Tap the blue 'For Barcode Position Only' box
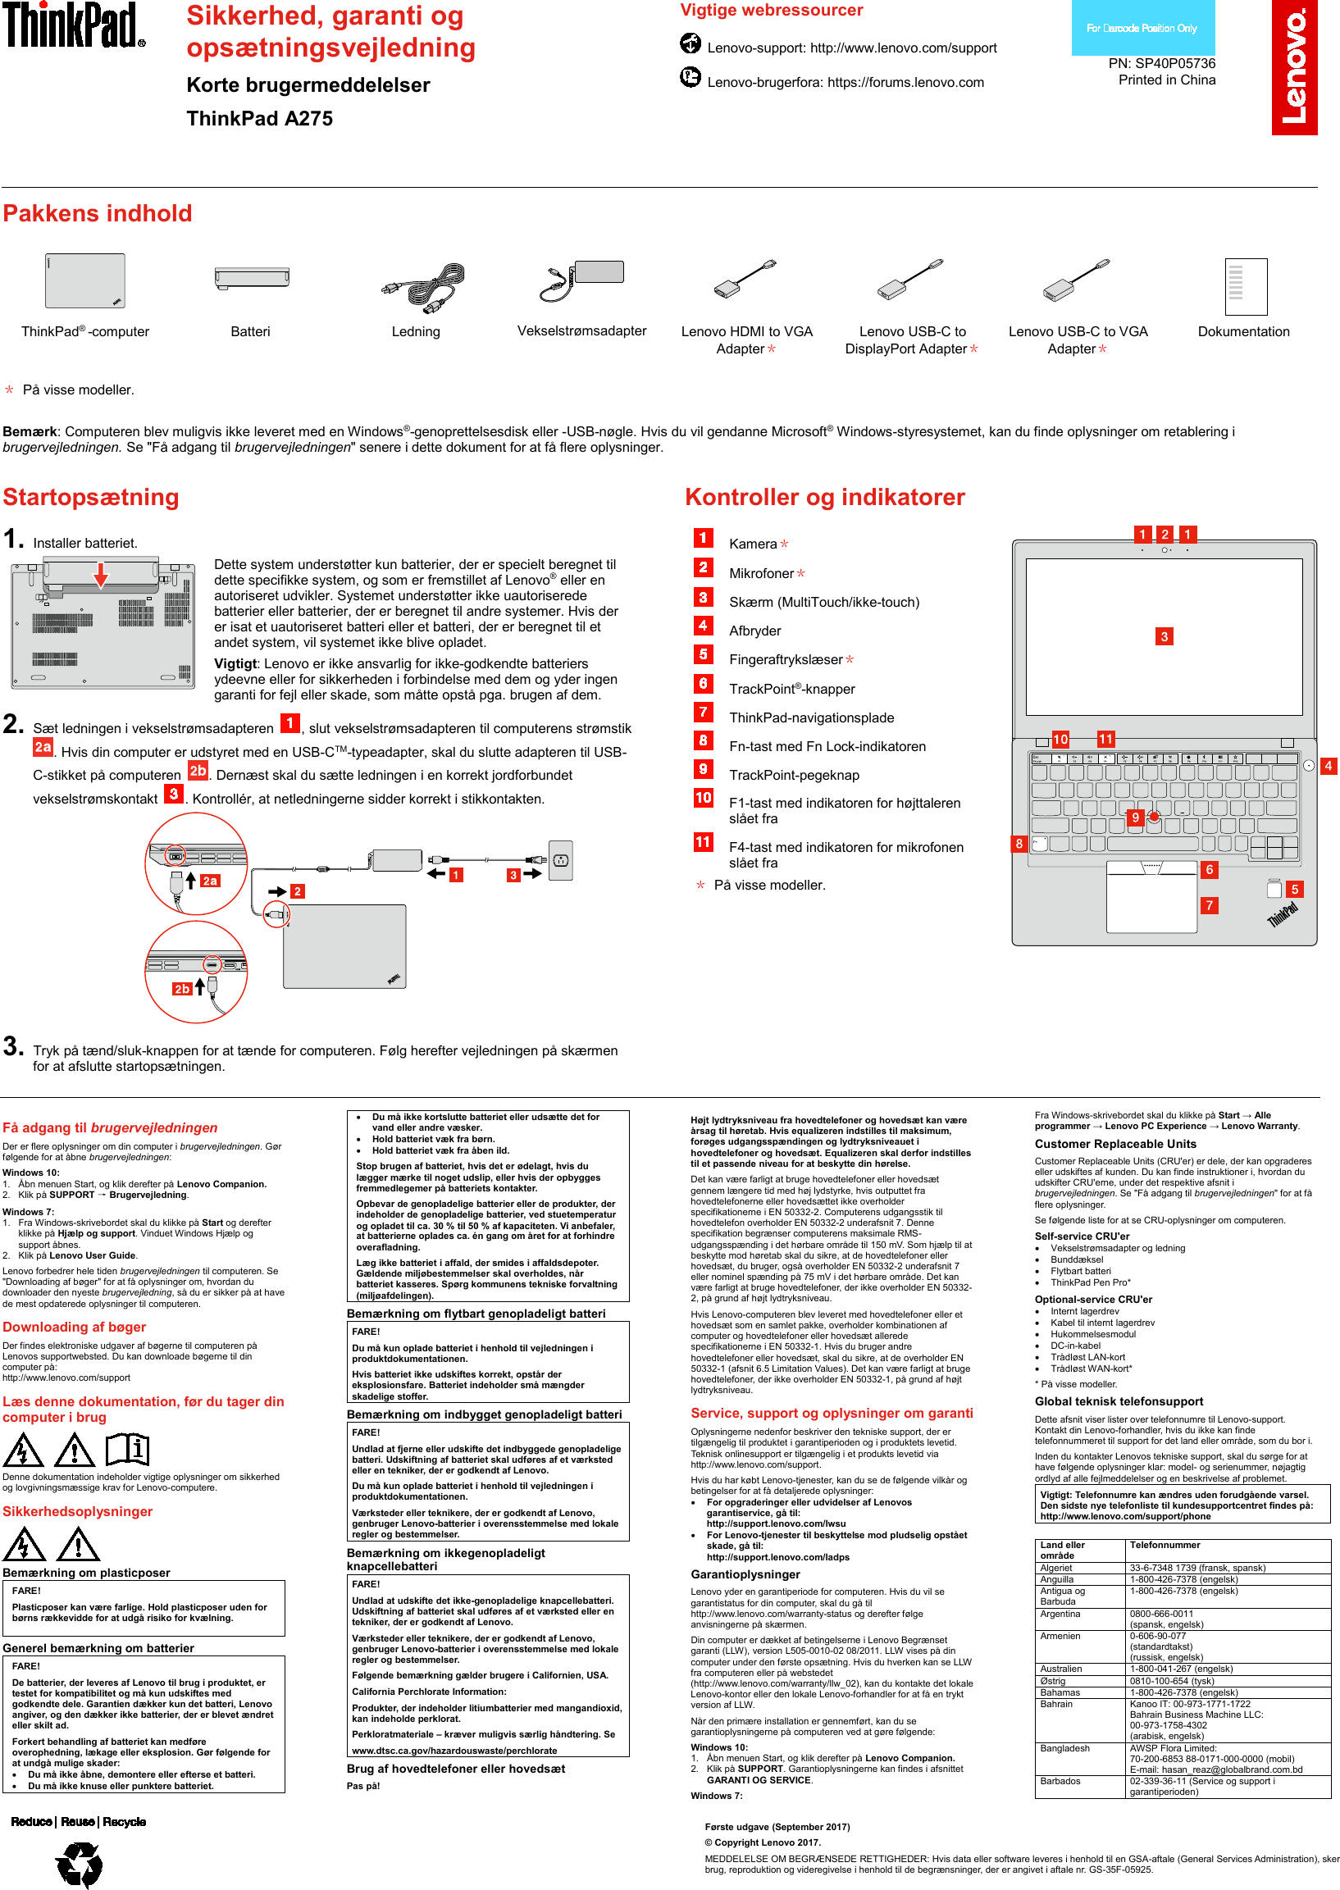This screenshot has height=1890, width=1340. coord(1142,28)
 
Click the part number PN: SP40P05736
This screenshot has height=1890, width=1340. coord(1161,63)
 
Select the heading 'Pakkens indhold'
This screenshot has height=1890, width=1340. coord(98,214)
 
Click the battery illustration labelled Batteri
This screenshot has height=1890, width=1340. coord(251,278)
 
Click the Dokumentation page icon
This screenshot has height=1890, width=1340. coord(1245,286)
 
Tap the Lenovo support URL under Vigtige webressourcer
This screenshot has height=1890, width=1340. coord(903,48)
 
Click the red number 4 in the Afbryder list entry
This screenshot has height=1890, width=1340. coord(703,626)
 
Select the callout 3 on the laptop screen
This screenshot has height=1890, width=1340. coord(1164,636)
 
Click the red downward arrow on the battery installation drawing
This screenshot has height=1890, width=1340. coord(101,574)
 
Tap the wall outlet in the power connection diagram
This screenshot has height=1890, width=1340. coord(561,860)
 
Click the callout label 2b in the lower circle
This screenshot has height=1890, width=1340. coord(181,988)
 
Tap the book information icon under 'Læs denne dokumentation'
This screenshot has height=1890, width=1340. coord(127,1449)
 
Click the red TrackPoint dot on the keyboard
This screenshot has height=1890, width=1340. coord(1154,816)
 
